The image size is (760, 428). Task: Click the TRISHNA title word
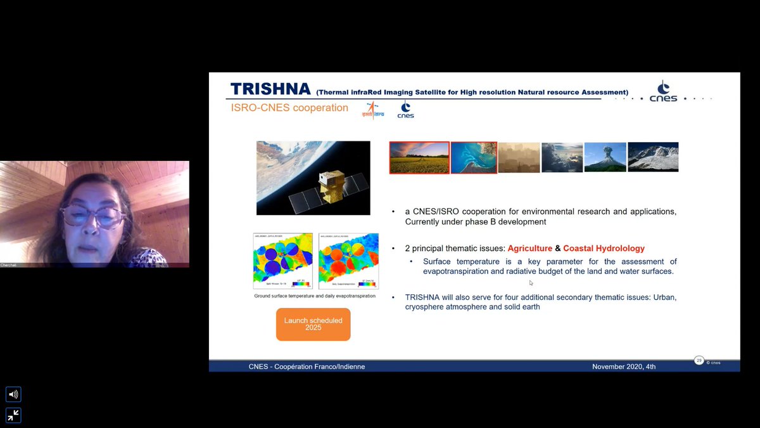tap(270, 89)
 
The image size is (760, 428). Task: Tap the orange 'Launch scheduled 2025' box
tap(313, 324)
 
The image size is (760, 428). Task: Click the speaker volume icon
tap(13, 394)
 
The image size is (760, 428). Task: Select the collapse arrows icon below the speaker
tap(13, 415)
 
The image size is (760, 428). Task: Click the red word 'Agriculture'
tap(529, 249)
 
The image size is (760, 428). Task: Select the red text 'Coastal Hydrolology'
tap(604, 249)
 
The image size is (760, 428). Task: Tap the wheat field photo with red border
tap(419, 157)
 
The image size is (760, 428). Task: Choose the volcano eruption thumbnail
tap(605, 157)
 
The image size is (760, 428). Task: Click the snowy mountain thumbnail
tap(653, 157)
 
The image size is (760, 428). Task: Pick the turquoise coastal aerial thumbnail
tap(474, 157)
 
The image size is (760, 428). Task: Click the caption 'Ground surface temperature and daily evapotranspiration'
tap(315, 296)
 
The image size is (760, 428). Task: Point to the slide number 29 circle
tap(699, 360)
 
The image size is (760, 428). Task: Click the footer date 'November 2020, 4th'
tap(624, 366)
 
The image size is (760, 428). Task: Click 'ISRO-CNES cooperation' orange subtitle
tap(289, 108)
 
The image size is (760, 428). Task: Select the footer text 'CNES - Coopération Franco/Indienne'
tap(307, 366)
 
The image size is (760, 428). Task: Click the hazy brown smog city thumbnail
tap(519, 157)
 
